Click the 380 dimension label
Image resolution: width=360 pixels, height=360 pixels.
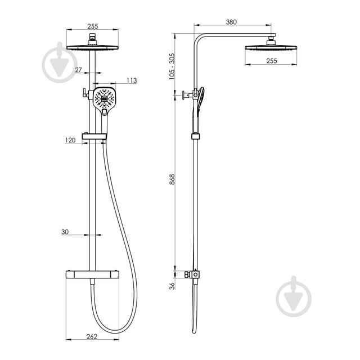point(231,22)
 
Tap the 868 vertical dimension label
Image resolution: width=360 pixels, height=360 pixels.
point(172,179)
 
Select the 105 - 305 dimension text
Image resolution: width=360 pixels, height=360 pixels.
point(172,66)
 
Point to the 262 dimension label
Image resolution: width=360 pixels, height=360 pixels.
point(92,336)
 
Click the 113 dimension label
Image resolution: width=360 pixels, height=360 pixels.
point(132,80)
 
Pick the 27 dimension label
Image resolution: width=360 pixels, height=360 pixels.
point(78,70)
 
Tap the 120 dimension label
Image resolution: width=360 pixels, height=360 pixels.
point(70,140)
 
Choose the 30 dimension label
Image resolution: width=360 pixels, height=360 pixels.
point(65,232)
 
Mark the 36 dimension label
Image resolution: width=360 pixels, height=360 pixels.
point(172,286)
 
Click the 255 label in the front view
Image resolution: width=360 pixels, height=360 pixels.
point(92,26)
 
